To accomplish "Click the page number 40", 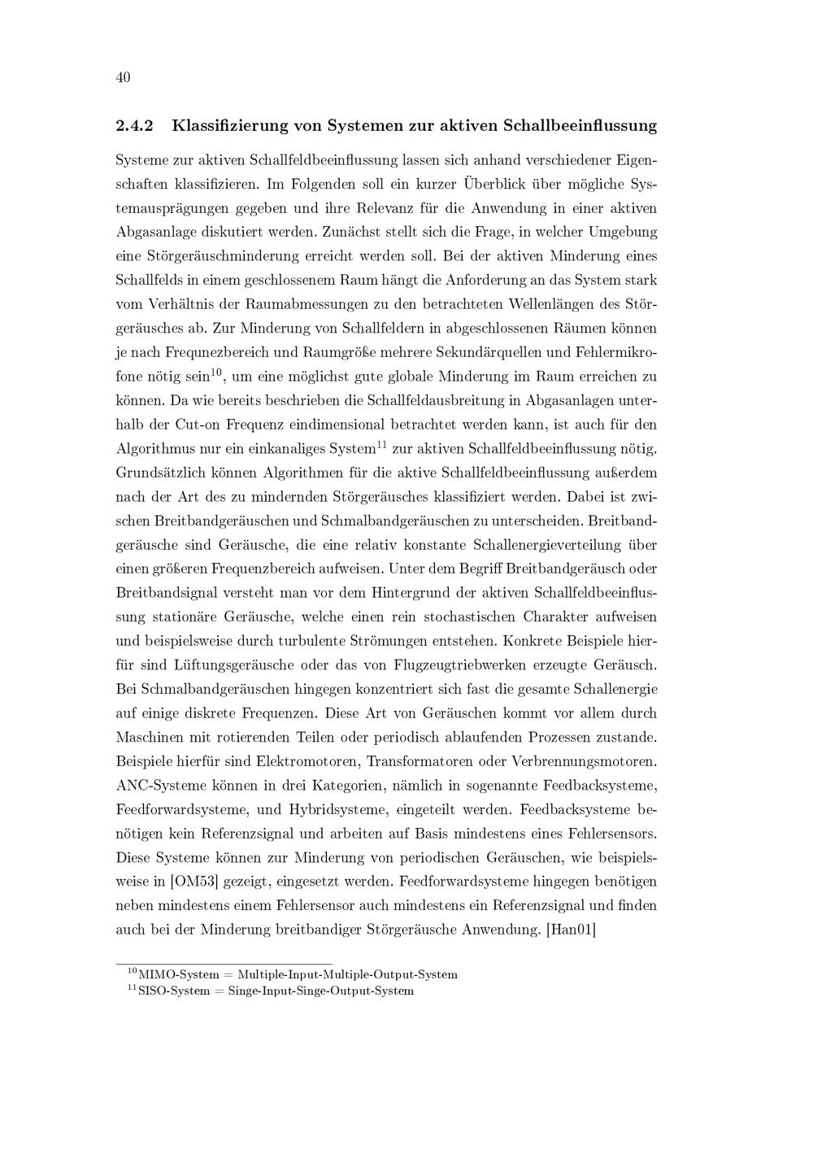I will coord(123,78).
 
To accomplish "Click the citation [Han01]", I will coord(572,929).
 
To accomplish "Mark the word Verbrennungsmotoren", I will coord(589,762).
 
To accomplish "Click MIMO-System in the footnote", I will coord(179,974).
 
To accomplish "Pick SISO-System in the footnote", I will coord(174,991).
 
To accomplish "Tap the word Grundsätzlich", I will coord(161,473).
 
